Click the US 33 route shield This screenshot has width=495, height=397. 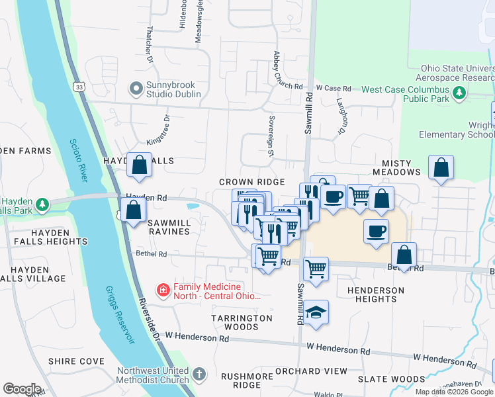pos(79,87)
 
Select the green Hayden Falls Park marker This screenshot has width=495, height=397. pos(43,203)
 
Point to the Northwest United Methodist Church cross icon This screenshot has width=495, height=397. pos(199,375)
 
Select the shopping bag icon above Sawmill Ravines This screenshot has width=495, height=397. pos(134,210)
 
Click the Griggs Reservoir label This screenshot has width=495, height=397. pos(119,314)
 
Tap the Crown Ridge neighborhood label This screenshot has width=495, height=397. pos(252,182)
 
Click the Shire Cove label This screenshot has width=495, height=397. pos(76,361)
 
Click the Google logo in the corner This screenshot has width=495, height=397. pos(22,389)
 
